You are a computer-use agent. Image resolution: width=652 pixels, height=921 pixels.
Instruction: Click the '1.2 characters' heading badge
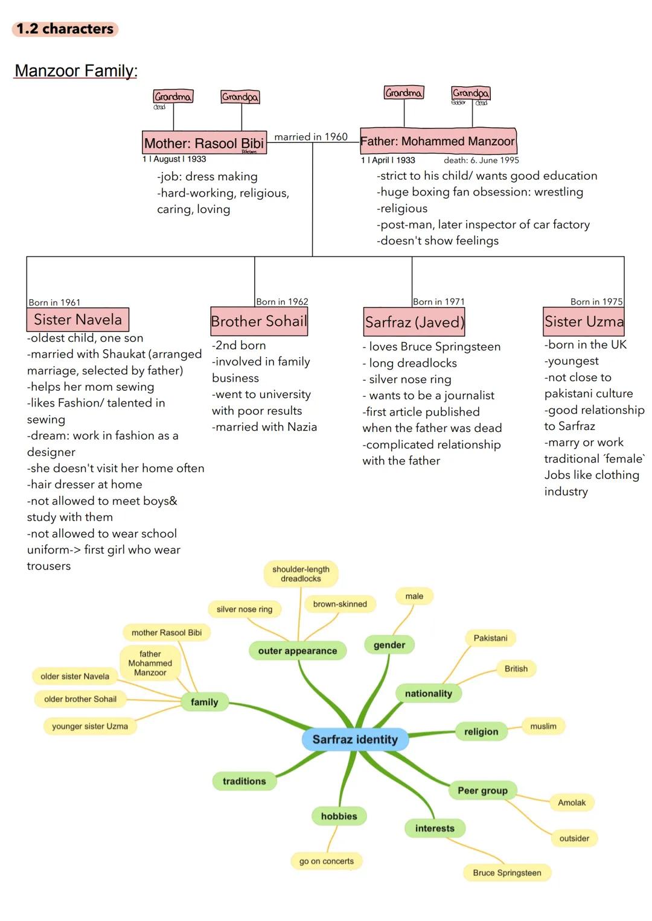pyautogui.click(x=65, y=29)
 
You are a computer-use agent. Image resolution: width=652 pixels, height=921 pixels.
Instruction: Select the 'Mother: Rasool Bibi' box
pyautogui.click(x=204, y=143)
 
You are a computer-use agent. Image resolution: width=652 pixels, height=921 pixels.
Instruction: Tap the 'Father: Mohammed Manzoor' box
pyautogui.click(x=438, y=141)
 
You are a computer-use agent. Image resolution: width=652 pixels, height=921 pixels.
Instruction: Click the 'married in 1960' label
pyautogui.click(x=311, y=137)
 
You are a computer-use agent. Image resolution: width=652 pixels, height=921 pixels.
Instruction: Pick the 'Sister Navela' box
pyautogui.click(x=78, y=320)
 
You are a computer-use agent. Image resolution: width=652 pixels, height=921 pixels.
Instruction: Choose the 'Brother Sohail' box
pyautogui.click(x=259, y=321)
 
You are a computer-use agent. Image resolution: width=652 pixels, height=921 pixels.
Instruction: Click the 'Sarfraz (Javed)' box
pyautogui.click(x=414, y=322)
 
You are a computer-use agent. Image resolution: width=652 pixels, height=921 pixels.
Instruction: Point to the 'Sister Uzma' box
pyautogui.click(x=584, y=321)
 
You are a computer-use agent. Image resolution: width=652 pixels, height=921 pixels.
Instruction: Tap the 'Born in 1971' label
pyautogui.click(x=439, y=302)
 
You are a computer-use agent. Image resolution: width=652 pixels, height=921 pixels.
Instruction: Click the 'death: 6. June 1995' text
pyautogui.click(x=481, y=160)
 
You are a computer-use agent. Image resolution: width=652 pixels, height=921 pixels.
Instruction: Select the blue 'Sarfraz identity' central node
pyautogui.click(x=355, y=739)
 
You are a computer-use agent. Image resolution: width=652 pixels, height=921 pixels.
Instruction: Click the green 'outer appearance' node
pyautogui.click(x=298, y=651)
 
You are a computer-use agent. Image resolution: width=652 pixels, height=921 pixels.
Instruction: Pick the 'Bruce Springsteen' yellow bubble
pyautogui.click(x=507, y=873)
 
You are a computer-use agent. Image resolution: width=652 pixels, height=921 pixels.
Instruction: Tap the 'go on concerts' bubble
pyautogui.click(x=327, y=861)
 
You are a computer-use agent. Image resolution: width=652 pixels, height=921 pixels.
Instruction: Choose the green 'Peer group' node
pyautogui.click(x=482, y=791)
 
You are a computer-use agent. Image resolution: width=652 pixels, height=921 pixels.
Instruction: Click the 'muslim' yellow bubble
pyautogui.click(x=543, y=726)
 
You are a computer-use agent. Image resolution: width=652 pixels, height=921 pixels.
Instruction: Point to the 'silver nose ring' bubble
pyautogui.click(x=245, y=609)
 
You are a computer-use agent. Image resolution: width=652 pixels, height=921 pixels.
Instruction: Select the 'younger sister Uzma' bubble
pyautogui.click(x=90, y=726)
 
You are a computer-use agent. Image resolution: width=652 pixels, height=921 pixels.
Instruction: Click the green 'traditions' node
pyautogui.click(x=244, y=781)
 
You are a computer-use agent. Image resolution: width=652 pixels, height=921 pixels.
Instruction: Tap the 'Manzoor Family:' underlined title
pyautogui.click(x=76, y=71)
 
